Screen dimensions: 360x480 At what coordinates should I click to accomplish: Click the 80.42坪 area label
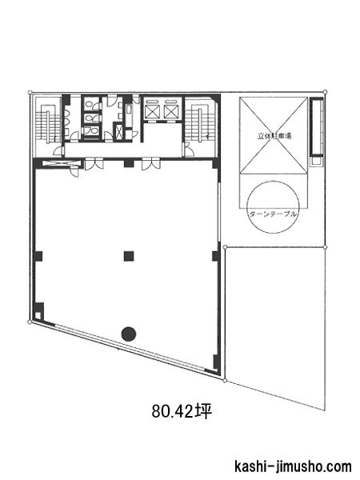[x=182, y=411]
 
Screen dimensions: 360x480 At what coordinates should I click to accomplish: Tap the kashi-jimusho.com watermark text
[x=293, y=467]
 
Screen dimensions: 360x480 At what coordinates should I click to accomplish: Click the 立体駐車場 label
[x=274, y=136]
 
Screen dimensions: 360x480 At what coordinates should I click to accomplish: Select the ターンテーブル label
[x=273, y=214]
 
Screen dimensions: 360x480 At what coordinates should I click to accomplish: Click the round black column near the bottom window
[x=129, y=334]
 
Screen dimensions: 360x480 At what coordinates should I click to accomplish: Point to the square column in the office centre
[x=129, y=256]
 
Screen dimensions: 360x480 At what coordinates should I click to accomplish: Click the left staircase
[x=48, y=123]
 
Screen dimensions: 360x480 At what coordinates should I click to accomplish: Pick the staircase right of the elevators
[x=200, y=123]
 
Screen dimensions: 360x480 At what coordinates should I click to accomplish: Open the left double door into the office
[x=94, y=163]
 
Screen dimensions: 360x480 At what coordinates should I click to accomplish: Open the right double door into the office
[x=151, y=163]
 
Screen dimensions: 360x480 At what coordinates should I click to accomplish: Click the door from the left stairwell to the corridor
[x=59, y=151]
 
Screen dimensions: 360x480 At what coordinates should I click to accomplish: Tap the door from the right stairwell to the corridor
[x=188, y=150]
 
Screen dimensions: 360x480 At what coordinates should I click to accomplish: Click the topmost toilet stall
[x=91, y=103]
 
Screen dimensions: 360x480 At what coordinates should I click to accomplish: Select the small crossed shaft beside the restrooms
[x=118, y=131]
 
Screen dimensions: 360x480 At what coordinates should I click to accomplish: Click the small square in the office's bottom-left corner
[x=38, y=316]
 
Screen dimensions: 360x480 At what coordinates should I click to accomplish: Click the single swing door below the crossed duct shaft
[x=74, y=171]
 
